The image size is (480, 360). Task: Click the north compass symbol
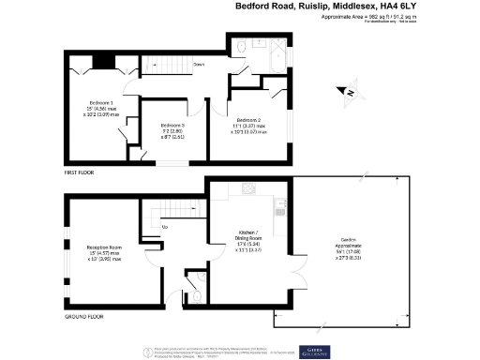click(x=345, y=92)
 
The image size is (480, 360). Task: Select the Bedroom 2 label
click(x=248, y=120)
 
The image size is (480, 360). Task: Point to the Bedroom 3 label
click(x=172, y=125)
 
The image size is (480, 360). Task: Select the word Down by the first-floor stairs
click(x=199, y=65)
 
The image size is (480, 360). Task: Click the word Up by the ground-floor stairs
click(x=166, y=227)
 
